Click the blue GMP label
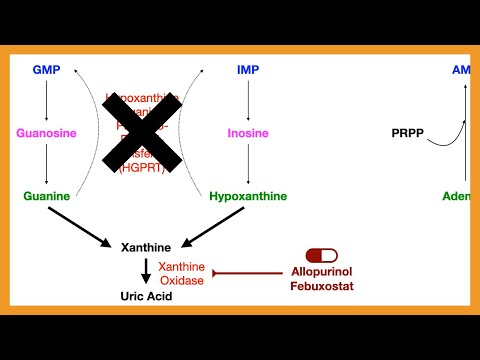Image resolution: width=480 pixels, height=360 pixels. (x=46, y=70)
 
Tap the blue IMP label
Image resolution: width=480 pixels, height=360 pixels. (x=248, y=70)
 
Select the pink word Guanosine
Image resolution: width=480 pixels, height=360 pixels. (x=46, y=133)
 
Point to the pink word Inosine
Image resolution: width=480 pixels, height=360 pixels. (x=248, y=133)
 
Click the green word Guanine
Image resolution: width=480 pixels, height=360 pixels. (x=46, y=196)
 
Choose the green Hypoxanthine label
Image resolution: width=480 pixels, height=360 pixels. (x=248, y=196)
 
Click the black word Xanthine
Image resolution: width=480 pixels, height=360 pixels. (x=146, y=246)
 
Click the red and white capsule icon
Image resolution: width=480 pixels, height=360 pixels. (x=323, y=256)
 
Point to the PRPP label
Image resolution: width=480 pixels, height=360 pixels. (x=408, y=133)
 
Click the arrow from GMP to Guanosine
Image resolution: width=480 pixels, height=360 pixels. (x=46, y=100)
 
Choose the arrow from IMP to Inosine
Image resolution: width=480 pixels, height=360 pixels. (x=248, y=100)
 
